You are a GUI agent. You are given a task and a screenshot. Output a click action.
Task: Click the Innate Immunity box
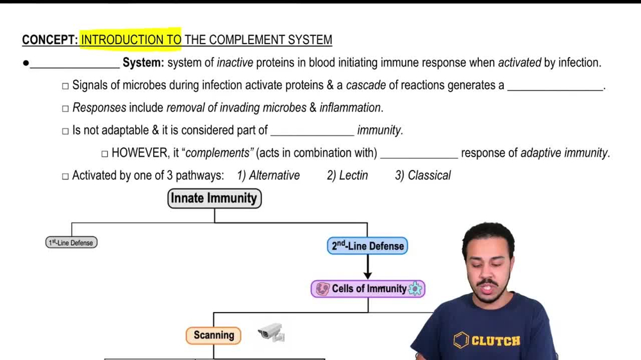pyautogui.click(x=214, y=199)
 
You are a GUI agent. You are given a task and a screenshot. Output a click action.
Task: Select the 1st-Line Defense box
pyautogui.click(x=72, y=243)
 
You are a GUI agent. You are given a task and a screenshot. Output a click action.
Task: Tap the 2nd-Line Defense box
pyautogui.click(x=367, y=246)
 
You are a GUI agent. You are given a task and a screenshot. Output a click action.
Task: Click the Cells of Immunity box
pyautogui.click(x=368, y=289)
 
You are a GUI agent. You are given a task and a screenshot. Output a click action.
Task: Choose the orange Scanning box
pyautogui.click(x=213, y=335)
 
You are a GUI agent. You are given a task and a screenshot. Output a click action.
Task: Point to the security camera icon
pyautogui.click(x=271, y=332)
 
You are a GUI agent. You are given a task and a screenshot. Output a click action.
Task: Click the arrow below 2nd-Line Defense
pyautogui.click(x=367, y=267)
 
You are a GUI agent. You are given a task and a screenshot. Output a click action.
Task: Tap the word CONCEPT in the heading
pyautogui.click(x=49, y=40)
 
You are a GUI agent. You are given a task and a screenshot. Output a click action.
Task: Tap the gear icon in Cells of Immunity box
pyautogui.click(x=415, y=289)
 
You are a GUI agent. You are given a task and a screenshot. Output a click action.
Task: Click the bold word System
pyautogui.click(x=144, y=63)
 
